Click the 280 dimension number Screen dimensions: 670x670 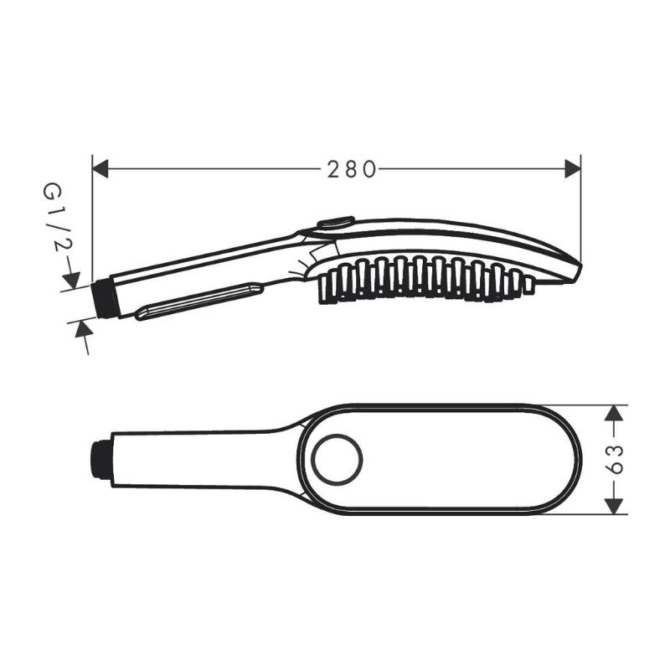[x=352, y=170]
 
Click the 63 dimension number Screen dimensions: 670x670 [x=615, y=459]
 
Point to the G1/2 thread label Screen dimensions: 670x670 [x=57, y=218]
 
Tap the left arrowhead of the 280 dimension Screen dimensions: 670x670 [x=100, y=169]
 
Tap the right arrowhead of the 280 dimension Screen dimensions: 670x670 [x=573, y=169]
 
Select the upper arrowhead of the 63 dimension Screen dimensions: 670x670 [x=614, y=413]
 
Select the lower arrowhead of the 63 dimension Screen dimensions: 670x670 [x=614, y=506]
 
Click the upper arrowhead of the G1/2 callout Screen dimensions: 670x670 [x=72, y=281]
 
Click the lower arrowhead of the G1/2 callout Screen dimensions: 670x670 [x=84, y=328]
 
